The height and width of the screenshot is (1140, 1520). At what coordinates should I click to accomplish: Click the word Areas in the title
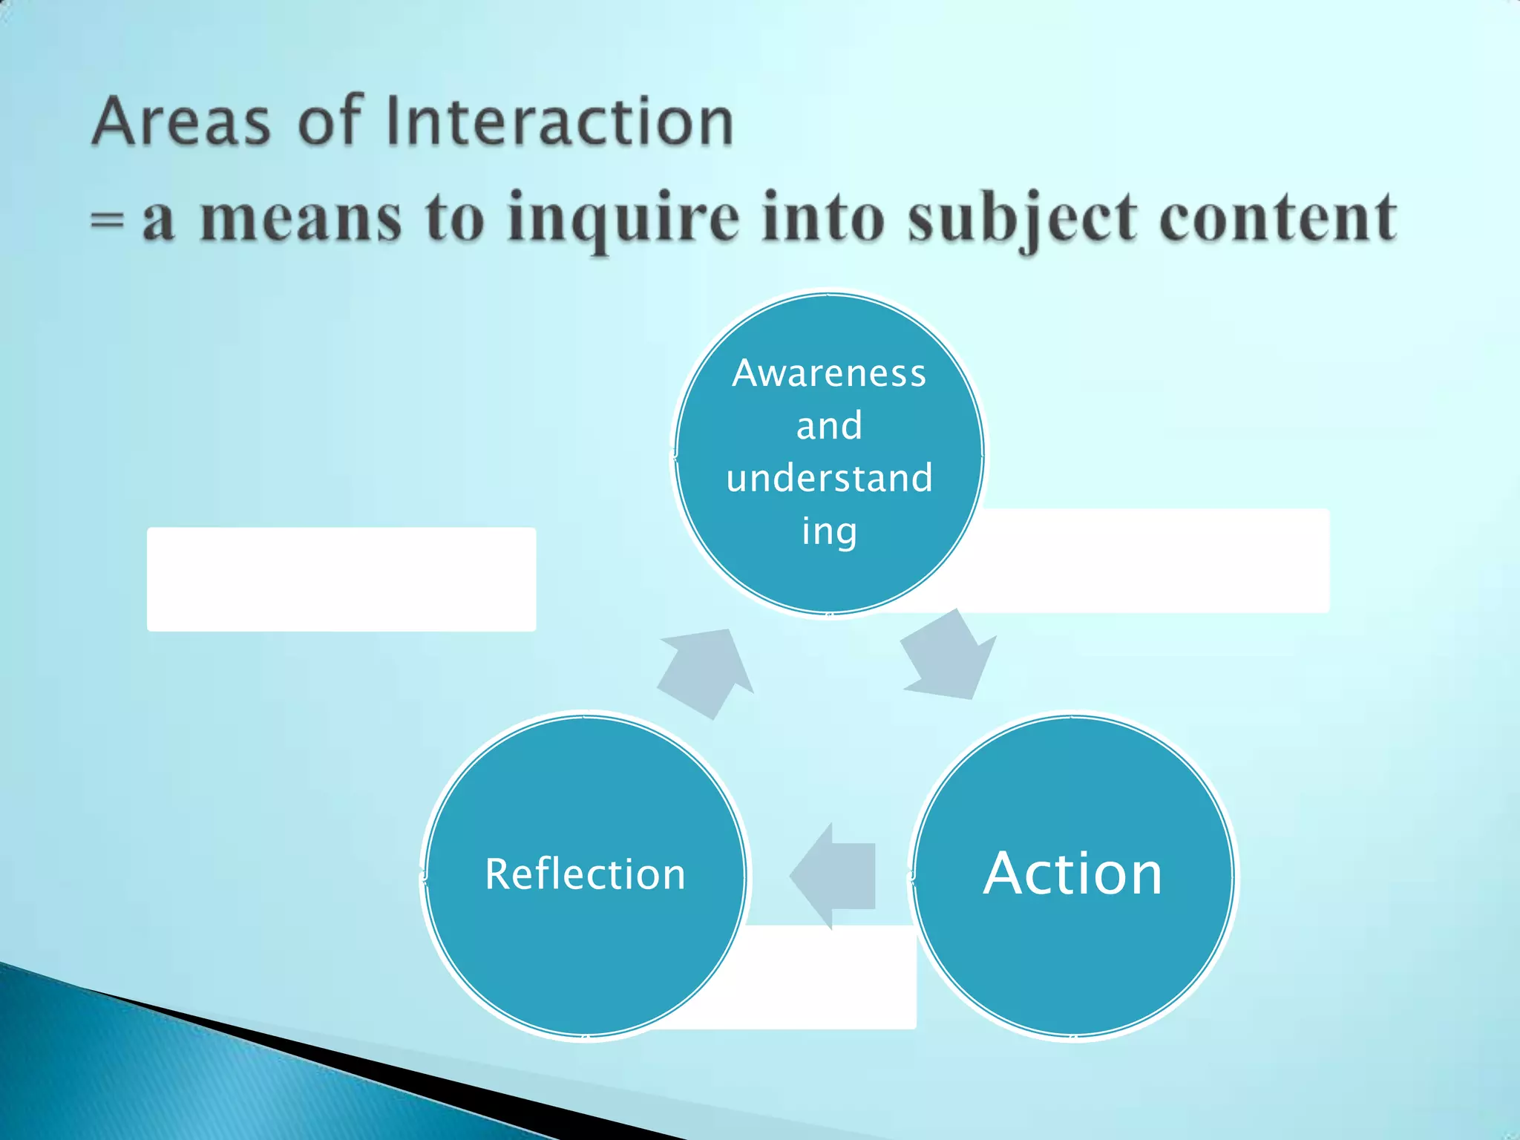(181, 122)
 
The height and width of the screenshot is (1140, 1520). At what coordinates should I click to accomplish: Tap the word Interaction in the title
(560, 122)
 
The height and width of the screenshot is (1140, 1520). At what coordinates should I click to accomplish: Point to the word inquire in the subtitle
(623, 219)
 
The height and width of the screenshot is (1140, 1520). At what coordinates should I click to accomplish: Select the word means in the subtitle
(301, 220)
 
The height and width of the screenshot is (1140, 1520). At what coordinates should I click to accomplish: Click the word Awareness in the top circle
(829, 373)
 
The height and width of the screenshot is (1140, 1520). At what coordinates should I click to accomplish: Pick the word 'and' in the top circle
(829, 426)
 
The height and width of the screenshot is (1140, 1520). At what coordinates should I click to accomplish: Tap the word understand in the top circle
(829, 478)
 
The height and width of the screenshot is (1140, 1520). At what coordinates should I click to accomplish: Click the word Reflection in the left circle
(585, 874)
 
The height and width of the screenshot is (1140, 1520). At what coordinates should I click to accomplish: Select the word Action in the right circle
(1072, 874)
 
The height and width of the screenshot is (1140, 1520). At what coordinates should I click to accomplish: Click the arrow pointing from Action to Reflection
(835, 876)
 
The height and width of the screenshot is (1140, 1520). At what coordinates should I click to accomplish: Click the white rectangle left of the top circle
(341, 579)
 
